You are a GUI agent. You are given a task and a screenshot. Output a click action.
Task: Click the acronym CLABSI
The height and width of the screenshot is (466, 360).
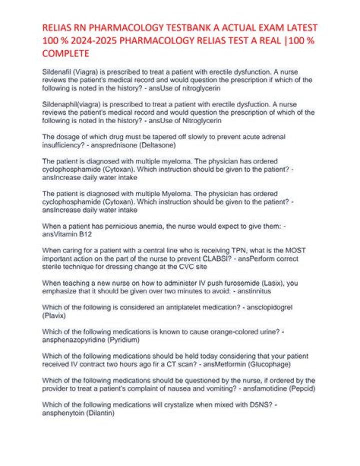tap(196, 259)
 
